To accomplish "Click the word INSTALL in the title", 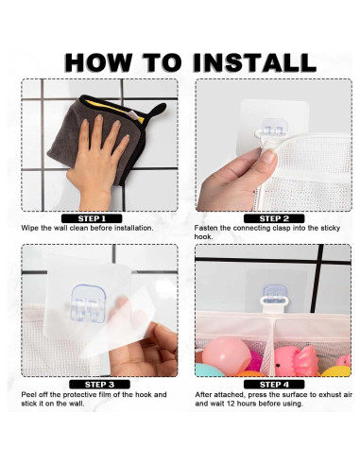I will click(253, 62).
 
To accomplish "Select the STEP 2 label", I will click(273, 217).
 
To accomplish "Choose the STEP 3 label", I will click(99, 384).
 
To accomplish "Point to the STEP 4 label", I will click(273, 384).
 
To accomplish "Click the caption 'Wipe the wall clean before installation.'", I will click(87, 228).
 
